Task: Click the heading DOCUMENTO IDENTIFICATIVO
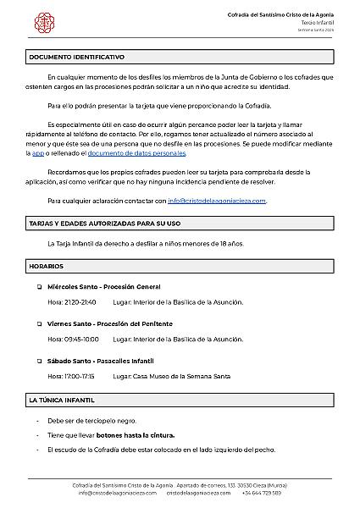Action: (76, 57)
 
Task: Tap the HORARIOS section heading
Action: (47, 266)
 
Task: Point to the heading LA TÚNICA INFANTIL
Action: (61, 399)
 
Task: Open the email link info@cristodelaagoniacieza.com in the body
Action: (217, 201)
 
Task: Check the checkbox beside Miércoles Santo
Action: (39, 287)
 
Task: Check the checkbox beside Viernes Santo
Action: (39, 324)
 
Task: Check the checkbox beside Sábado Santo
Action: (39, 361)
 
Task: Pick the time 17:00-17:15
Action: (80, 375)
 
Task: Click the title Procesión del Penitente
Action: (135, 324)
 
